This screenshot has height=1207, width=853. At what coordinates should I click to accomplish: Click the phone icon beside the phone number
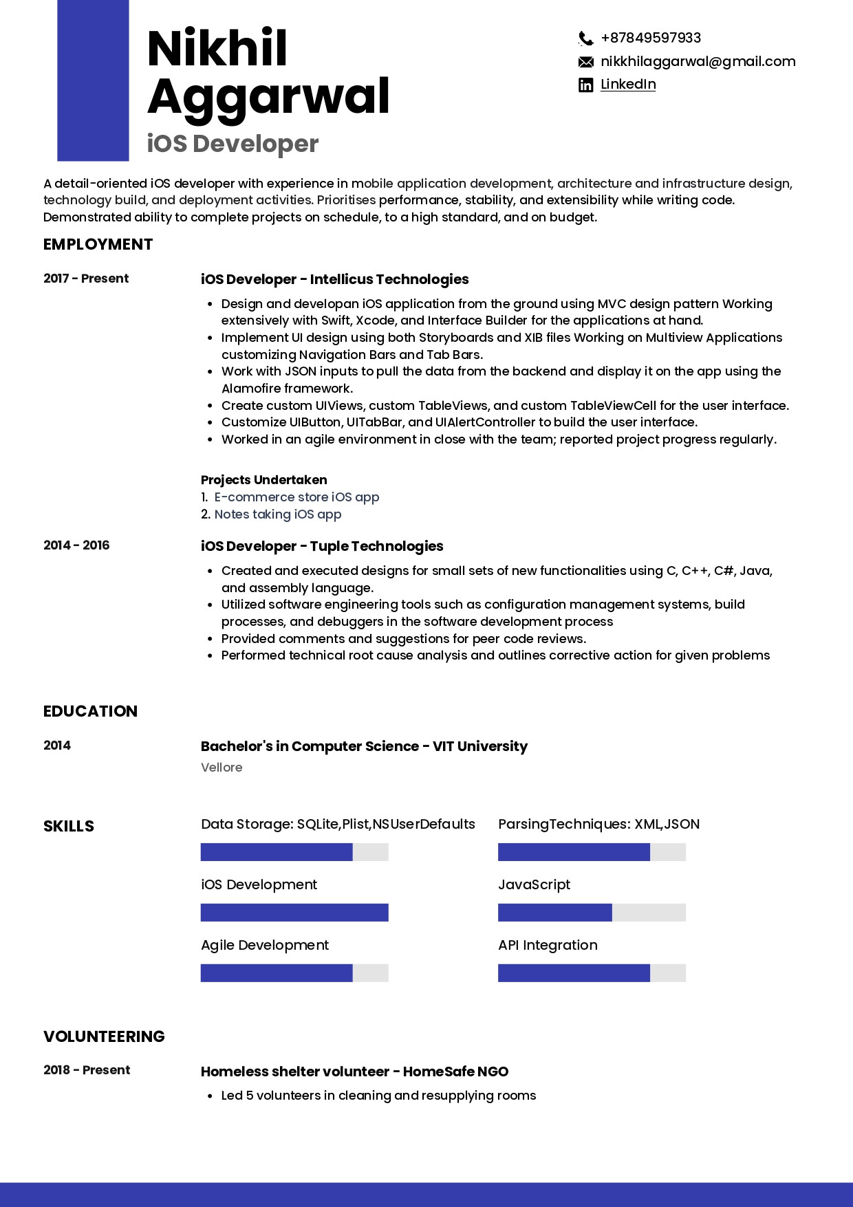(x=585, y=39)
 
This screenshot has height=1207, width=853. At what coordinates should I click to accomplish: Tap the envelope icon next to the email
(x=585, y=62)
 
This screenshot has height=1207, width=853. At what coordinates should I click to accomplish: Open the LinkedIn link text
(x=628, y=85)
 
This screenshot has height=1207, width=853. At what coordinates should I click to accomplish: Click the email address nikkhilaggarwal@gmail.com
(x=698, y=62)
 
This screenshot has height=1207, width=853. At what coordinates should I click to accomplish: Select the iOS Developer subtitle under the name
(x=233, y=144)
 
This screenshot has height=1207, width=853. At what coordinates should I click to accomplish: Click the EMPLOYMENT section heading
(x=98, y=245)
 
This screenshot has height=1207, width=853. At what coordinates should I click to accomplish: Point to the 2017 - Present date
(x=86, y=279)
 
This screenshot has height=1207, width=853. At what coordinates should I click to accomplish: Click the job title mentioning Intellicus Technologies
(x=334, y=279)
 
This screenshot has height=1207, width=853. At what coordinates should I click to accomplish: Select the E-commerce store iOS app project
(x=296, y=497)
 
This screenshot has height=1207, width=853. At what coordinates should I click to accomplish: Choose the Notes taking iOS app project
(x=278, y=514)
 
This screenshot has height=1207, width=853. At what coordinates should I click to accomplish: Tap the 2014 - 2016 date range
(x=76, y=545)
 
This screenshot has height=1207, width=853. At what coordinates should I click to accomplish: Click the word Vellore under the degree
(x=222, y=768)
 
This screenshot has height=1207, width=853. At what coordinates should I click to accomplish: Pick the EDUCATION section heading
(x=90, y=712)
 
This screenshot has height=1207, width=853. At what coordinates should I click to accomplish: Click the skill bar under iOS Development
(x=294, y=913)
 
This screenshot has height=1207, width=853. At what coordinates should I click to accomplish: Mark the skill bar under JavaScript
(x=592, y=913)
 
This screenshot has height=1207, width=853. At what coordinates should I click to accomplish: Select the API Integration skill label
(x=548, y=946)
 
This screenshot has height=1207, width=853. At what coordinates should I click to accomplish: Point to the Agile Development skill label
(x=265, y=946)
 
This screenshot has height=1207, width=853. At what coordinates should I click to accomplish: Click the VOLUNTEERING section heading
(x=104, y=1037)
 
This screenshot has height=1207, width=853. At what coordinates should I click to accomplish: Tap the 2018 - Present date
(x=87, y=1070)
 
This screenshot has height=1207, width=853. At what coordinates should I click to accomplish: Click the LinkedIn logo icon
(x=585, y=85)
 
